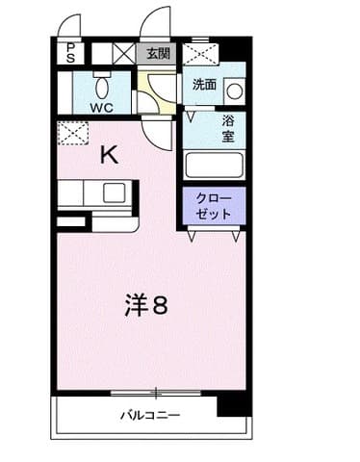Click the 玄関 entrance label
click(157, 54)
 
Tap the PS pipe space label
click(70, 54)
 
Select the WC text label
click(102, 108)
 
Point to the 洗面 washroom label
click(204, 84)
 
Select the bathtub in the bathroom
click(214, 165)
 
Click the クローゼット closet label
click(214, 206)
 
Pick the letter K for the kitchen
click(109, 154)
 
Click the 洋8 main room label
click(146, 306)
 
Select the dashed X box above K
click(71, 132)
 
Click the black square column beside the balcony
click(232, 402)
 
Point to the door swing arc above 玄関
click(157, 23)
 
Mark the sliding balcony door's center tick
click(156, 391)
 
